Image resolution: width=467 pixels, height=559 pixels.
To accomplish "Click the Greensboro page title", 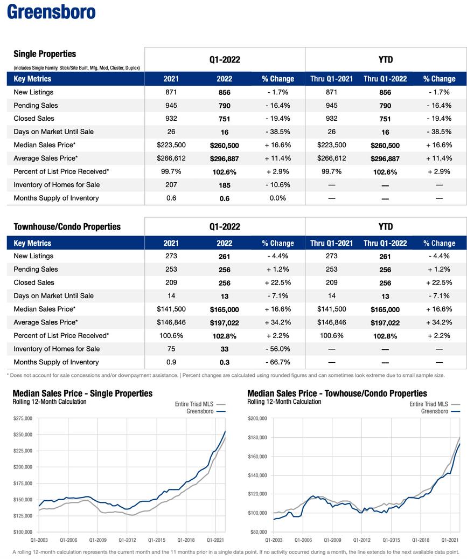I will coord(51,12).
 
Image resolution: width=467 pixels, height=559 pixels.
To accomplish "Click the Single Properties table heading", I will coord(45,54).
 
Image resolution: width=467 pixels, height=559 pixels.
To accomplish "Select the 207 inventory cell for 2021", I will coord(171,185).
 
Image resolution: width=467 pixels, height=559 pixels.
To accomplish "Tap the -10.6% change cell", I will coord(278,185).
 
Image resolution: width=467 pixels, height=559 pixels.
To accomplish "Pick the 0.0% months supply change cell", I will coord(278,198).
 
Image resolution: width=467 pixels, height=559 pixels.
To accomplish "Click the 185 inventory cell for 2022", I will coord(224,185).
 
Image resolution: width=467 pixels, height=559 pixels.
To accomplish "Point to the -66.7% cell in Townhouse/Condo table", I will coord(278,362).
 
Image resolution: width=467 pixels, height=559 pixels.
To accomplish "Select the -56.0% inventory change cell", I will coord(278,349).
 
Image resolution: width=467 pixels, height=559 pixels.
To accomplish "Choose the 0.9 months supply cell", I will coord(171,362).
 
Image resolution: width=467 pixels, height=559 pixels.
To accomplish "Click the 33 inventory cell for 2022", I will coord(224,349).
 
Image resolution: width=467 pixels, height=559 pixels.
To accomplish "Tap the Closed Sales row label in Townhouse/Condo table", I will coord(34,282).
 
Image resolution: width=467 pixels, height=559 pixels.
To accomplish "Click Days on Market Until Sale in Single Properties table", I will coord(53,132).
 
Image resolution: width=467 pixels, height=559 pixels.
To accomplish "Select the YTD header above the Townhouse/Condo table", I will coord(386,226).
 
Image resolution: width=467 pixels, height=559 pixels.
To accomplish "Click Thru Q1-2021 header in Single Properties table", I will coord(332,79).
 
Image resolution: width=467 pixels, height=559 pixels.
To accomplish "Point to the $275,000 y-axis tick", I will coord(22,418).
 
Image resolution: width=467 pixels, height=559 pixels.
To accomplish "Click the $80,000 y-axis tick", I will coord(258,532).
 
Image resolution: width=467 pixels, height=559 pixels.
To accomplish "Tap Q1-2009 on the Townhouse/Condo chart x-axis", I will coord(332,540).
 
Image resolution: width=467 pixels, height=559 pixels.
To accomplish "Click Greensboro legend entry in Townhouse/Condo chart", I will coord(435,411).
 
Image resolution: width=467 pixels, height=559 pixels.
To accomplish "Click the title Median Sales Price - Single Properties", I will coord(82,394).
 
